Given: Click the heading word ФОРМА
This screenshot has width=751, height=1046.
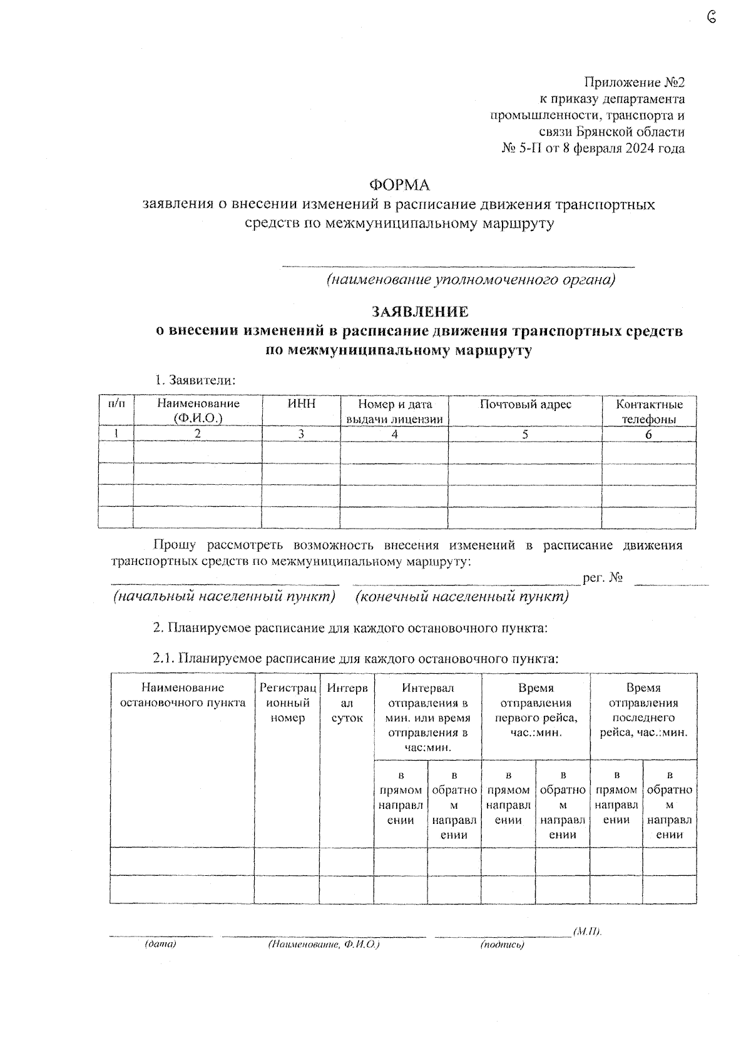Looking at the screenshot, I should pos(399,185).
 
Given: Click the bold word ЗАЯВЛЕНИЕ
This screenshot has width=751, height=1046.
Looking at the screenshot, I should pos(419,312).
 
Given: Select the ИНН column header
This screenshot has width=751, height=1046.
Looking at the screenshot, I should pos(301,404).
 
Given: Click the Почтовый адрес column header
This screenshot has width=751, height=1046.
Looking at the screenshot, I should pos(525,405).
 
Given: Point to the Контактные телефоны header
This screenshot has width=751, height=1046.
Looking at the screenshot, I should pos(649,412).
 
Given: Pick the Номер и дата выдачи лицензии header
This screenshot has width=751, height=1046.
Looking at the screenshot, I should pos(394,412).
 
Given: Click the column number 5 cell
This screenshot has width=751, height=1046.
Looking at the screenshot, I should pos(525,434).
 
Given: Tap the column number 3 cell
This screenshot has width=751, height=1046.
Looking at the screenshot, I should pos(301,434).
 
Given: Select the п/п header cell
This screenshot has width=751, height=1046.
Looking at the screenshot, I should pos(116,404).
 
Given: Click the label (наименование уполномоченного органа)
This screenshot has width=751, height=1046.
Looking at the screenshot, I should pos(470,280).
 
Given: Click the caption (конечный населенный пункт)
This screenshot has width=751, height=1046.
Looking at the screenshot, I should pos(462,597).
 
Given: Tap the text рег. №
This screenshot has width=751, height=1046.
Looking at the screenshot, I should pos(603,578).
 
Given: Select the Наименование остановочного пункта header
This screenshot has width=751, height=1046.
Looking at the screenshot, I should pos(182,695).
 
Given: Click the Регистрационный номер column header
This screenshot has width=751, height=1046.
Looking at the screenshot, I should pos(287,703).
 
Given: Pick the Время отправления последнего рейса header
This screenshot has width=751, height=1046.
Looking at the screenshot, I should pos(643,710).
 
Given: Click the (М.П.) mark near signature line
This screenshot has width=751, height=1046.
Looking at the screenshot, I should pos(587,932).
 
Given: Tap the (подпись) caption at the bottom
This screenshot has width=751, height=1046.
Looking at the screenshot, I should pos(502,945).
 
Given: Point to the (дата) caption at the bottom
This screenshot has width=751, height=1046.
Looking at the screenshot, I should pos(160,944).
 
